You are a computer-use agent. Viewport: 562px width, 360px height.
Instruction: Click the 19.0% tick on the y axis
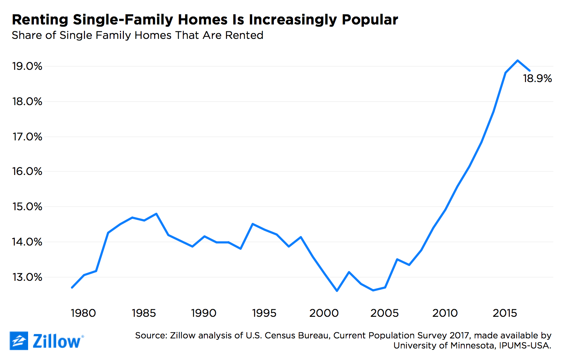(27, 66)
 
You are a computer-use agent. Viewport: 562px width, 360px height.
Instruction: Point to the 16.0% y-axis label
(27, 171)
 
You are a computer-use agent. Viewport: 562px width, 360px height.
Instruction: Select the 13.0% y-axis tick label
(27, 277)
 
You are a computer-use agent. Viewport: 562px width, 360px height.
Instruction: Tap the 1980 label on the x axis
(83, 313)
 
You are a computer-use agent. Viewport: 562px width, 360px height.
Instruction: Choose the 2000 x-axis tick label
(324, 313)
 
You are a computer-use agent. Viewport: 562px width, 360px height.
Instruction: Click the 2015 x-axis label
(505, 313)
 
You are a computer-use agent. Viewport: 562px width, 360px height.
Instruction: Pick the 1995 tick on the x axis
(264, 313)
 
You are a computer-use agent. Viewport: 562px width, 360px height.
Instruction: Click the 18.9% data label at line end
(537, 78)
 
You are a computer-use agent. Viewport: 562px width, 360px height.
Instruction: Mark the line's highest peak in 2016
(518, 60)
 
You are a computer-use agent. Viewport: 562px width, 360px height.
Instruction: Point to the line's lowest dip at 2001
(337, 291)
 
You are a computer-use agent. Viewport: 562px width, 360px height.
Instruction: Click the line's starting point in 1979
(72, 288)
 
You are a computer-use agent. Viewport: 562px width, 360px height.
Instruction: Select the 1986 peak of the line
(156, 214)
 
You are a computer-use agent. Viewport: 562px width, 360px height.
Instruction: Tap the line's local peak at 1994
(253, 224)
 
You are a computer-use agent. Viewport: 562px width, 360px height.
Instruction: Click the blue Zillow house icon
(19, 341)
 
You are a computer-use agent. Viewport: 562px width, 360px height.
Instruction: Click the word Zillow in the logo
(57, 341)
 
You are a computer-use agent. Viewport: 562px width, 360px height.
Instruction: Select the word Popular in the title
(370, 19)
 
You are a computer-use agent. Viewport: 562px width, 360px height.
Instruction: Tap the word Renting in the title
(40, 19)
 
